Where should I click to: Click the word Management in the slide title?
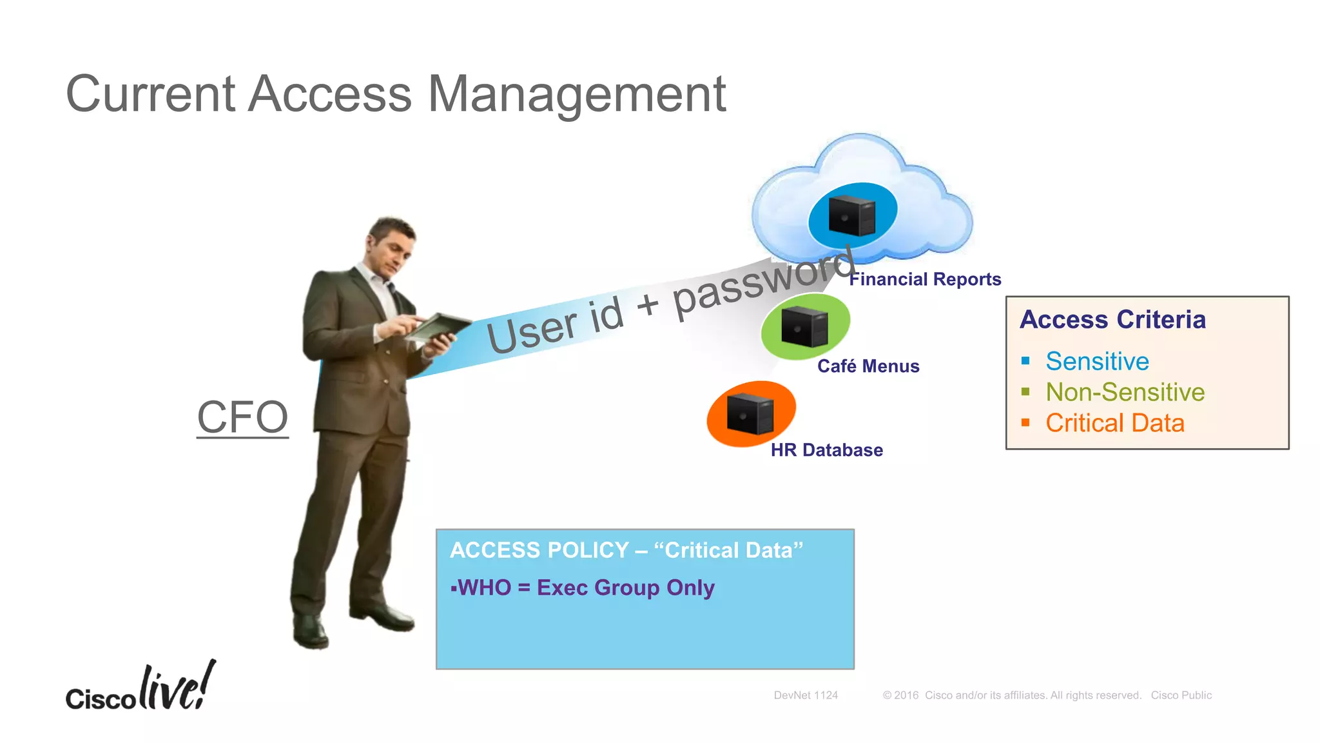577,95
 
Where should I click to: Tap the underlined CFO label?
242,417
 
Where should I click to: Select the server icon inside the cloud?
851,215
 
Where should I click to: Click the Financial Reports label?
925,279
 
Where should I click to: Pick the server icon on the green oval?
804,326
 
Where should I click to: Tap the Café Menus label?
868,366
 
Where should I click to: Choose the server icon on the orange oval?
750,413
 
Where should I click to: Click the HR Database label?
826,450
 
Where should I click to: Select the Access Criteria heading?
1112,320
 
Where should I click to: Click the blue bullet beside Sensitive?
1025,361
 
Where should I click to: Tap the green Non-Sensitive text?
1125,392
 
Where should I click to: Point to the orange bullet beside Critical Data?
1025,423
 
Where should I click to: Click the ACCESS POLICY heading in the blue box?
626,550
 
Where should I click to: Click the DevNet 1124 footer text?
806,695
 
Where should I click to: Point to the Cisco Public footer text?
1181,695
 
